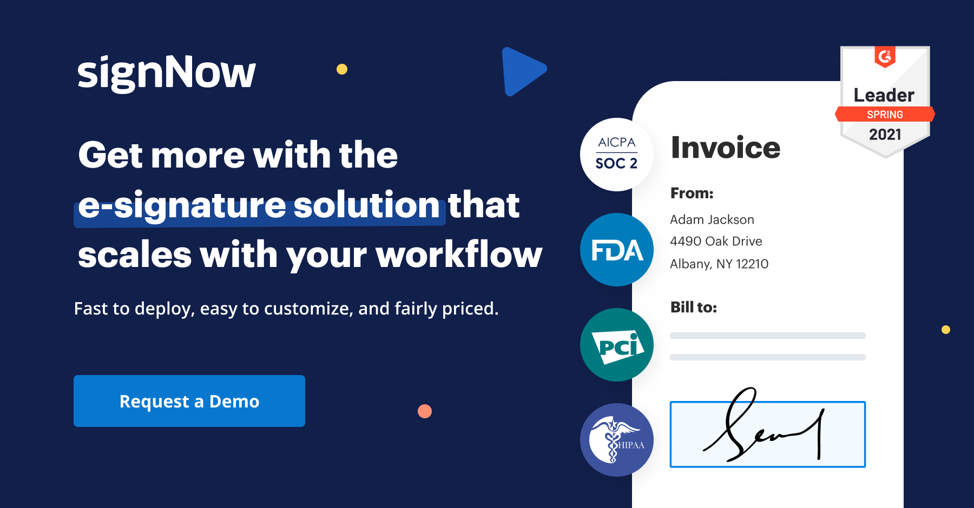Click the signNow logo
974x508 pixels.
(166, 73)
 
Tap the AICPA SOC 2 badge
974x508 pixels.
(616, 154)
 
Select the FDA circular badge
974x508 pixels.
(616, 250)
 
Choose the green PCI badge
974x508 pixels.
(616, 345)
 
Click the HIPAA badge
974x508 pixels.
(616, 440)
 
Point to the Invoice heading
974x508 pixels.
(725, 148)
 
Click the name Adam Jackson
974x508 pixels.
(712, 219)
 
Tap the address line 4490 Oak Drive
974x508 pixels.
(715, 241)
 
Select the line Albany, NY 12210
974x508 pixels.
(719, 264)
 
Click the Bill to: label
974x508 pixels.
(693, 307)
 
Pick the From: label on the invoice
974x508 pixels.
(692, 193)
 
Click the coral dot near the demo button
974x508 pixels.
(425, 411)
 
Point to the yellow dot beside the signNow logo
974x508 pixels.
(342, 69)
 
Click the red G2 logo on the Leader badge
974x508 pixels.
(885, 56)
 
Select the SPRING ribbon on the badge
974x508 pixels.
(885, 115)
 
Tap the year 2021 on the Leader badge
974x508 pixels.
(885, 134)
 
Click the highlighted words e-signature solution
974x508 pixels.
(259, 205)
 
